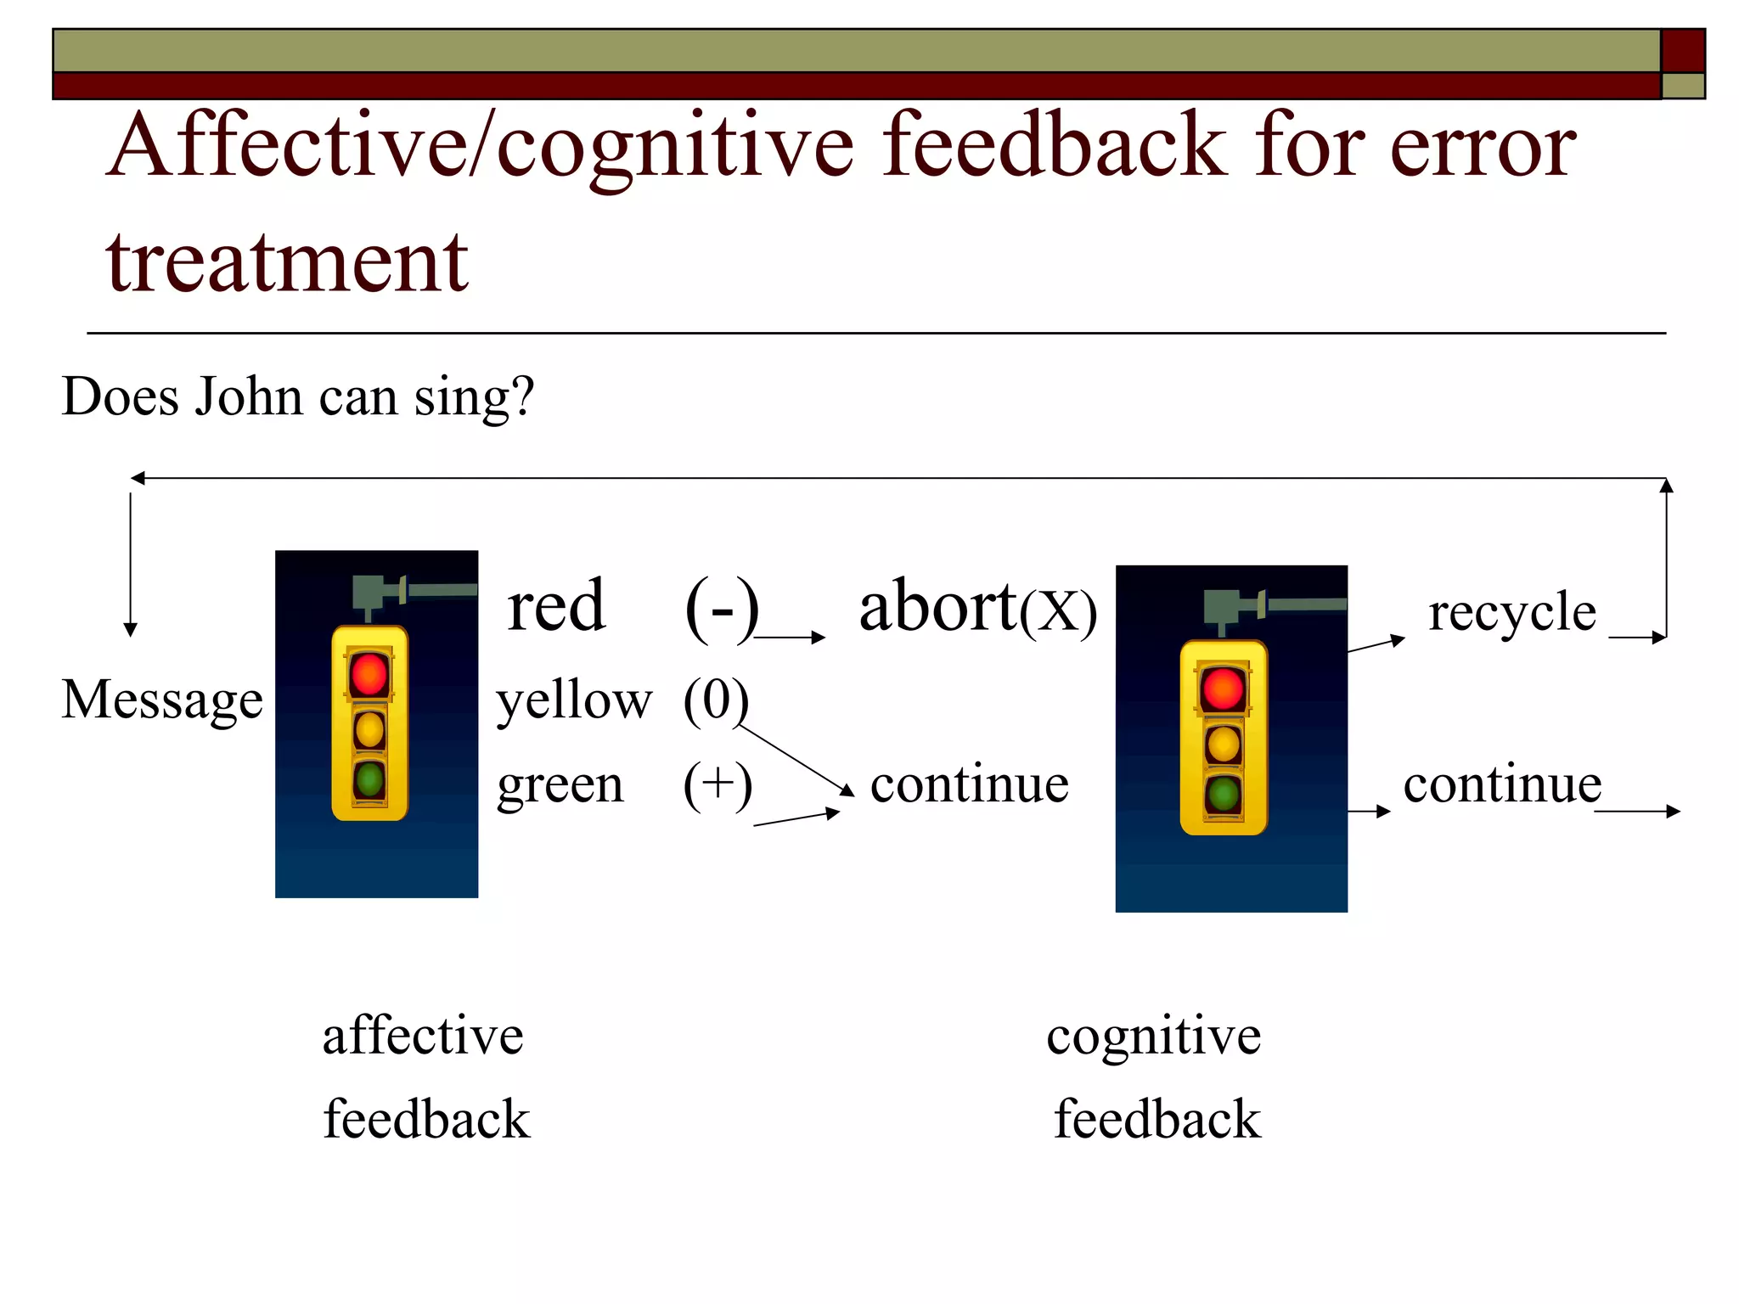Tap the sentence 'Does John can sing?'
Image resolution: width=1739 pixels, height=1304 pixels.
pos(298,396)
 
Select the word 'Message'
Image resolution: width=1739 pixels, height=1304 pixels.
pos(162,701)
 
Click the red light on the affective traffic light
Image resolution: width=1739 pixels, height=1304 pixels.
pos(369,674)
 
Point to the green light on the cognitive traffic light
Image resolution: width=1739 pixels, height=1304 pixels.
pos(1224,795)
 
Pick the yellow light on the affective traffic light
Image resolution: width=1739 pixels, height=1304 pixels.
pos(369,729)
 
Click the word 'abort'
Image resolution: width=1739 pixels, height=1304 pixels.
pos(937,607)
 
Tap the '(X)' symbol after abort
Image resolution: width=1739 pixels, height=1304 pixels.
pos(1058,613)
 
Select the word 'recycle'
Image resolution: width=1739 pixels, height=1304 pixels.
pos(1511,612)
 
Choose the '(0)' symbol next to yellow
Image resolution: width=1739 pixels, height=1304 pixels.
pos(716,701)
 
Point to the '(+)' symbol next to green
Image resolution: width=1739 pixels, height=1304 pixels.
pos(718,785)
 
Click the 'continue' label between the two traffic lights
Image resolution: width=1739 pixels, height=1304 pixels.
pos(969,784)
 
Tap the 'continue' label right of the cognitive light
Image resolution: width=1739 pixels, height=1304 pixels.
pos(1502,784)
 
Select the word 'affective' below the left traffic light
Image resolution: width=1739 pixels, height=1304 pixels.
pos(422,1037)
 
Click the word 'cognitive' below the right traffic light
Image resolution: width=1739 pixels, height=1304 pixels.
pos(1153,1037)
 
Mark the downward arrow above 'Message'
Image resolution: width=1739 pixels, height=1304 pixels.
pos(130,565)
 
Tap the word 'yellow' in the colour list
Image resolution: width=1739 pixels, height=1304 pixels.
pos(574,703)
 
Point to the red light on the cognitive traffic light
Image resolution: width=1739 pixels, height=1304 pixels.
pos(1223,689)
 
